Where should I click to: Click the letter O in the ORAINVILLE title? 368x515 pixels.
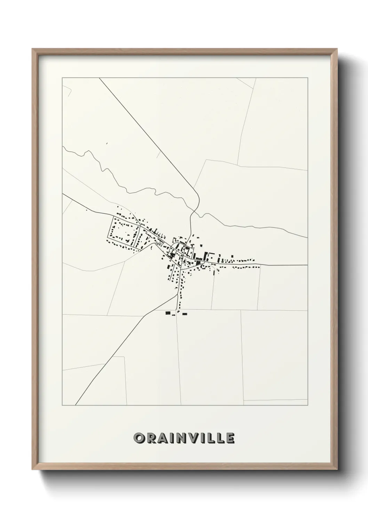139,438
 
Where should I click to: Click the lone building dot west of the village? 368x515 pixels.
86,209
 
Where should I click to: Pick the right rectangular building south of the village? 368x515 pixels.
185,314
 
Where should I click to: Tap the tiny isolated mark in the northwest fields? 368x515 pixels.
107,143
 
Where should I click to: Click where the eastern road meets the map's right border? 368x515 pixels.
307,265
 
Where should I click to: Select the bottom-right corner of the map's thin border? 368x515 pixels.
307,405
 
